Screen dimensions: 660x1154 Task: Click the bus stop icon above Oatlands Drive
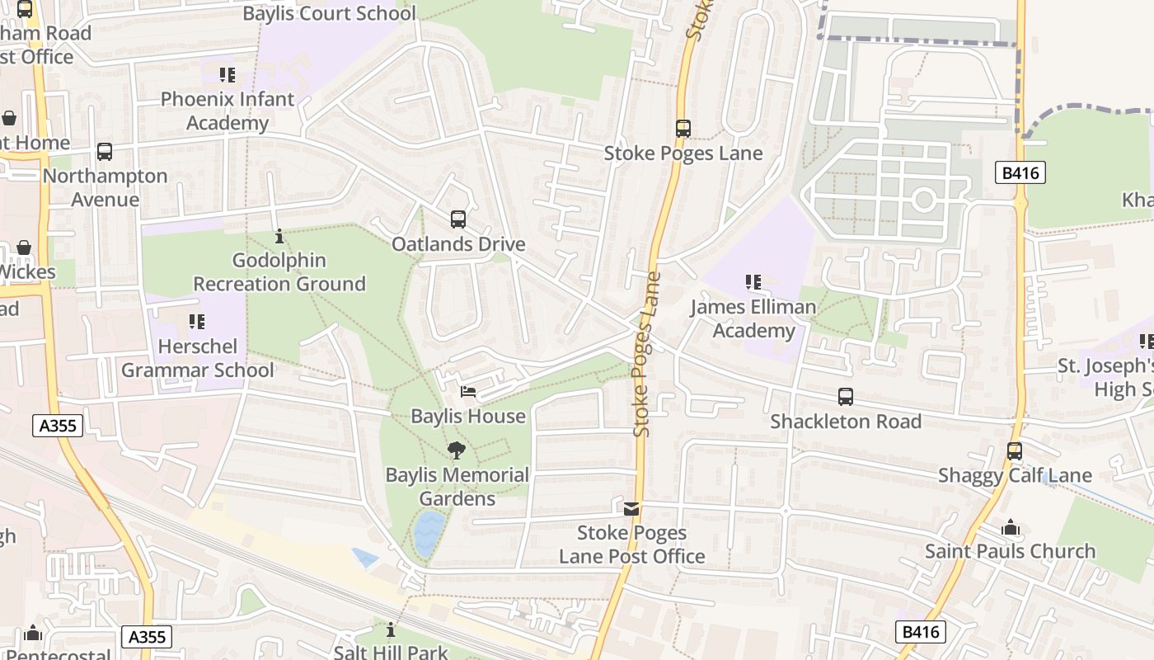458,219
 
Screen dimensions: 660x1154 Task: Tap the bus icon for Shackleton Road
846,397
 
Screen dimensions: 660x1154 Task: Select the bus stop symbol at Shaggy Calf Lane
1015,451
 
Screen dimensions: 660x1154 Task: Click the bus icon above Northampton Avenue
105,152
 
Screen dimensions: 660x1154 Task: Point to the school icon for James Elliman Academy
753,282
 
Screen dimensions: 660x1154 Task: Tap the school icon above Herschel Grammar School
196,321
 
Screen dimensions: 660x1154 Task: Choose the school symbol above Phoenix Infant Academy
228,75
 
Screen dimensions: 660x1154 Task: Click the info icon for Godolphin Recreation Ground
279,236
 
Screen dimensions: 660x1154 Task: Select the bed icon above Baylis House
468,392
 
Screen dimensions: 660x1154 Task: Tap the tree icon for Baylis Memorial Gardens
457,450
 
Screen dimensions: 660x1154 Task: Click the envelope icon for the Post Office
631,509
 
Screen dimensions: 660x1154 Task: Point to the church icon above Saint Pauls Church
1011,527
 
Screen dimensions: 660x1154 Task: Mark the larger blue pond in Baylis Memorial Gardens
429,533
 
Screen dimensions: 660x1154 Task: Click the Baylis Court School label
330,13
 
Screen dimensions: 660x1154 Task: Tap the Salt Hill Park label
391,652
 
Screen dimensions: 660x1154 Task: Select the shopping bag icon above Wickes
25,247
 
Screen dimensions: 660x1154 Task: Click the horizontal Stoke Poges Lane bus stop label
683,153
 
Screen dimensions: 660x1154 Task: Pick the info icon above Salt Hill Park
391,630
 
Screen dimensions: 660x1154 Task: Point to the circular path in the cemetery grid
923,200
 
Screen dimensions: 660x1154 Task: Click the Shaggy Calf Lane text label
1015,476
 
